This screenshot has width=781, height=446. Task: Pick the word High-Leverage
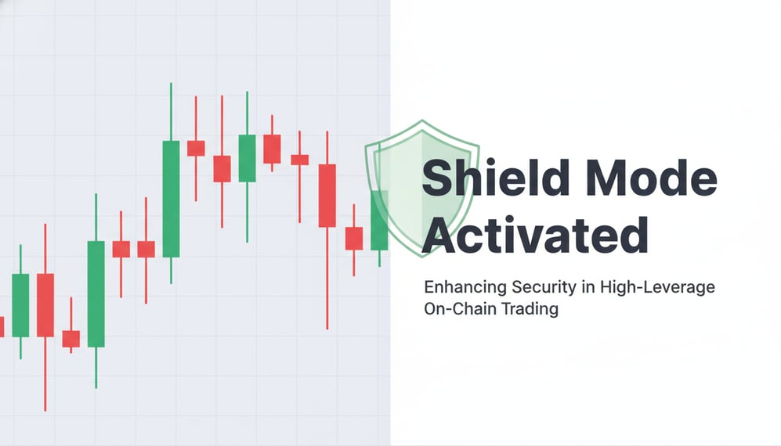coord(656,287)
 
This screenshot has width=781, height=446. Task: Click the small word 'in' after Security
coord(585,287)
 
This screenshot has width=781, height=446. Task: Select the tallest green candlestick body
coord(171,199)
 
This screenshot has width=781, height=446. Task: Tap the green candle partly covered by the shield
coord(380,220)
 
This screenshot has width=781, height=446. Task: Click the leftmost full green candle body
coord(20,305)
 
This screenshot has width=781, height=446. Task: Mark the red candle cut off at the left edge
coord(2,327)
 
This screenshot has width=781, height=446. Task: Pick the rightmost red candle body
coord(354,238)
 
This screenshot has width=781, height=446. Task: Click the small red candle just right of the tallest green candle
coord(196,148)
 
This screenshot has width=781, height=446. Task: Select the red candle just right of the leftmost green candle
coord(45,305)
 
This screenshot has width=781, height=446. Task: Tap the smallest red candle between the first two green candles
coord(71,339)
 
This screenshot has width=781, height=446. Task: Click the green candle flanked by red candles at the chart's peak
coord(247,158)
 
